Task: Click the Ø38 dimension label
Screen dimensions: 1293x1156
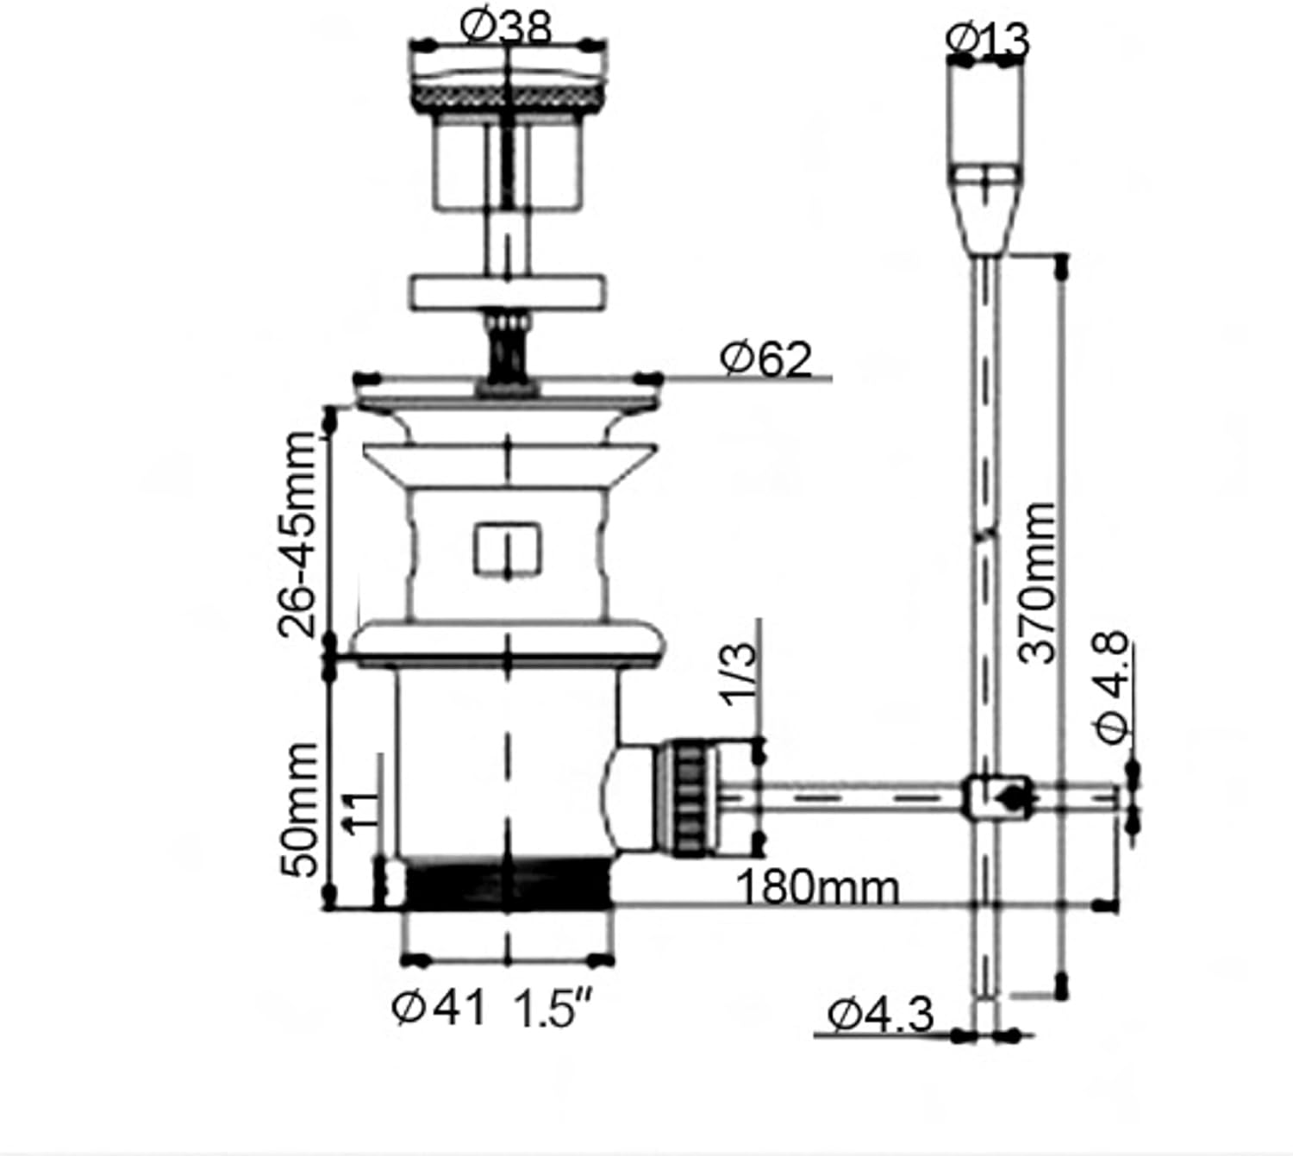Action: (x=505, y=28)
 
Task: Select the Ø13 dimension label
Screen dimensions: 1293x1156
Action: (x=987, y=40)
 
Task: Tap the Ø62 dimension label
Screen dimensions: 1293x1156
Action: (x=765, y=359)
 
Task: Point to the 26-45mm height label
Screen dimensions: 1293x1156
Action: (x=297, y=535)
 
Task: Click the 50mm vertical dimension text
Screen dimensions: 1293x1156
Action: (x=298, y=809)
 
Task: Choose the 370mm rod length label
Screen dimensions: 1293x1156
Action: (x=1036, y=584)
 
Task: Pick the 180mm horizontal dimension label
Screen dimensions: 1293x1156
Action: (x=817, y=887)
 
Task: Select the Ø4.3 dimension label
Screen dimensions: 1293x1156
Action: (x=881, y=1015)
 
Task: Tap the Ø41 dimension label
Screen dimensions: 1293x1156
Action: (x=439, y=1008)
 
